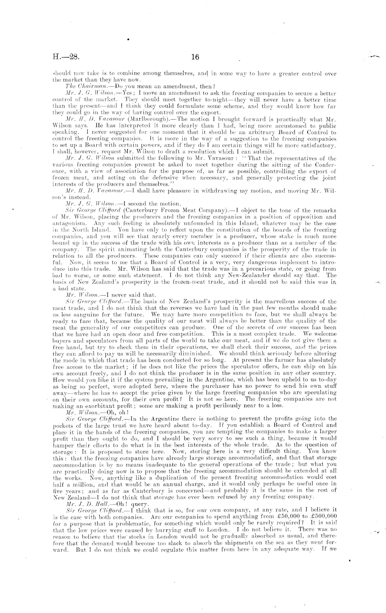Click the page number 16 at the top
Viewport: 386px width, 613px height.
pos(195,57)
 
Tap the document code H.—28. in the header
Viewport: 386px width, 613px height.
pos(65,57)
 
